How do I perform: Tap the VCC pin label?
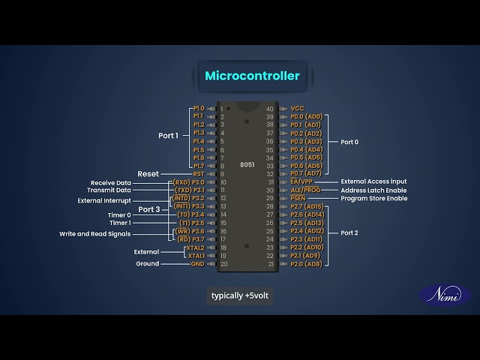298,109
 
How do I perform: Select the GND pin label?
197,264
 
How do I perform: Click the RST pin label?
199,174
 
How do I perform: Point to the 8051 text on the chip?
247,164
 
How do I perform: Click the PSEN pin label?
298,199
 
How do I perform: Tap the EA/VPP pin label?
301,182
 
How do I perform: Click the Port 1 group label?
169,136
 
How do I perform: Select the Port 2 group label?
349,233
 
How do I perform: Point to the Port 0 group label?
349,142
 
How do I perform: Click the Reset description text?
148,174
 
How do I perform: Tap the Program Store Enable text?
374,199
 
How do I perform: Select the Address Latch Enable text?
374,190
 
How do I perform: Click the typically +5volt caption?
238,295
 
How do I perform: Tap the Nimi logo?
445,295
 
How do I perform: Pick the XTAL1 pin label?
196,256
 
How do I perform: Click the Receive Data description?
111,182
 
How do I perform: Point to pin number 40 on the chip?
270,109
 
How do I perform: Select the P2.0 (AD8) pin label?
306,264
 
